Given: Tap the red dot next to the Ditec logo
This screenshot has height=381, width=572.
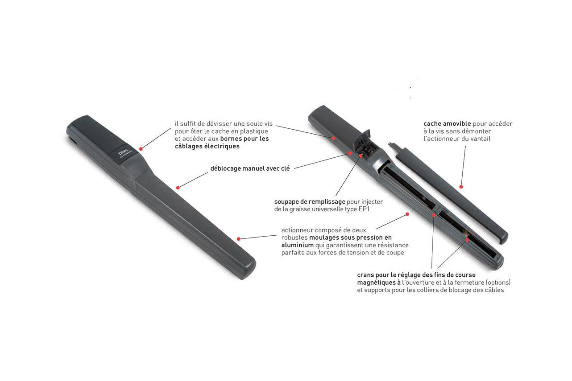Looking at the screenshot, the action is (x=141, y=149).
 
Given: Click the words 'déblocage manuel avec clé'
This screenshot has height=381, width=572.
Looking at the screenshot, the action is (x=250, y=168).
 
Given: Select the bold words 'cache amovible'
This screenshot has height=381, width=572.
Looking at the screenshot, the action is (x=447, y=124).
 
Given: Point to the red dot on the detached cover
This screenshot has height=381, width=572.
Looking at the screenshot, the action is (x=461, y=187).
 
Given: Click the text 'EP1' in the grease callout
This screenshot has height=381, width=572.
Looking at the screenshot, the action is (x=364, y=209).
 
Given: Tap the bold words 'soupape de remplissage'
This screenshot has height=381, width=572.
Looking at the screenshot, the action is (x=310, y=202).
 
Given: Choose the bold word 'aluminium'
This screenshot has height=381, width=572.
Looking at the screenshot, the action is (x=298, y=245).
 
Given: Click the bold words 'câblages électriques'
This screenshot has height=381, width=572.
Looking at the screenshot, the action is (x=207, y=146).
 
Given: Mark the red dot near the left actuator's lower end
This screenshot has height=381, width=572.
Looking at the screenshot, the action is (x=239, y=239).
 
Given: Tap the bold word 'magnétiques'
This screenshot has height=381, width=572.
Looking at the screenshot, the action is (x=377, y=283).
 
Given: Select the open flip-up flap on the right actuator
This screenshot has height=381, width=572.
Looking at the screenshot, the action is (x=362, y=139).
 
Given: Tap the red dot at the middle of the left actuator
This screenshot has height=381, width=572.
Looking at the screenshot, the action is (x=178, y=188).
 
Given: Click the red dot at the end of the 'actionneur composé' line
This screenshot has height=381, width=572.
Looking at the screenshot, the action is (x=407, y=214).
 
